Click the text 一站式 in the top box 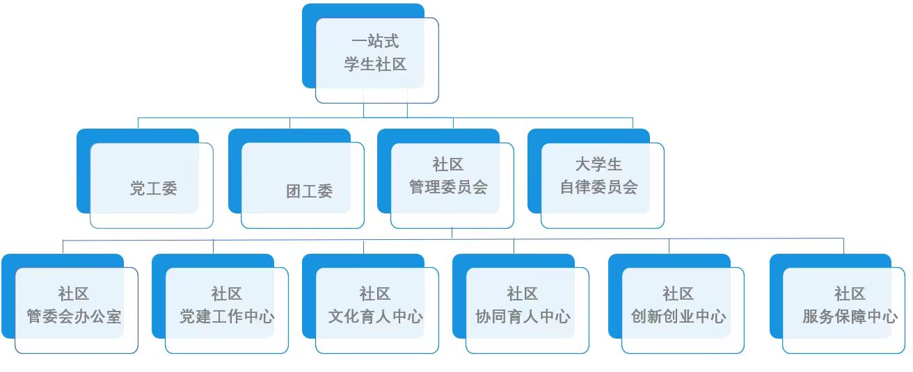[376, 42]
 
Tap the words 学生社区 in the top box [376, 65]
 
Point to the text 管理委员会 [448, 187]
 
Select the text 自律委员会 [599, 187]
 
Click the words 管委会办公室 [74, 316]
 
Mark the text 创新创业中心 [678, 316]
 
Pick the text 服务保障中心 [850, 316]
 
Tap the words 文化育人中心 [376, 316]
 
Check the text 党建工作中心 [227, 316]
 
